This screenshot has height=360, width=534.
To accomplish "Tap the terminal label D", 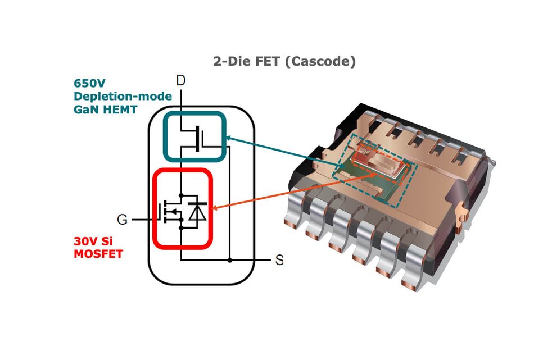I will (181, 81).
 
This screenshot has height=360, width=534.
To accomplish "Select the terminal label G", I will (122, 220).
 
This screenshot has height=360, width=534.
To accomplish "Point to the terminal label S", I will (279, 261).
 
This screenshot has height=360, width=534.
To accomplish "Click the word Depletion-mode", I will (123, 96).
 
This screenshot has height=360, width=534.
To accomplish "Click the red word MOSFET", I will (98, 254).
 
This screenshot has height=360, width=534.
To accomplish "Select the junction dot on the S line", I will (229, 261).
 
